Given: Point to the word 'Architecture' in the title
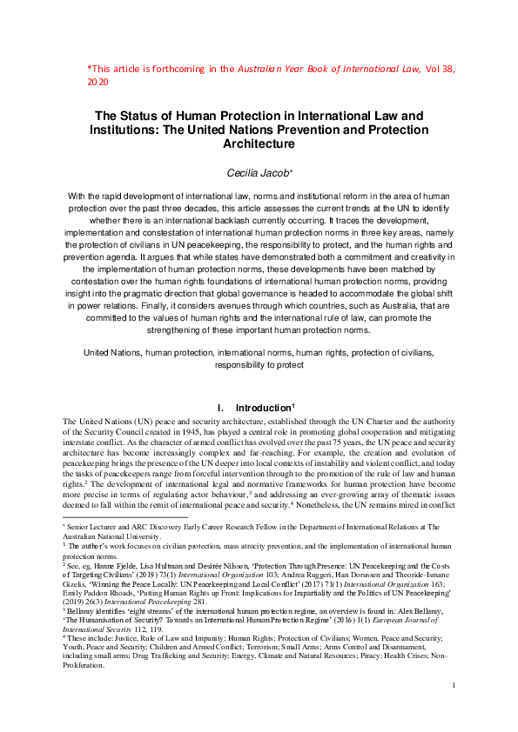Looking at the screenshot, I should [x=259, y=143].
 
